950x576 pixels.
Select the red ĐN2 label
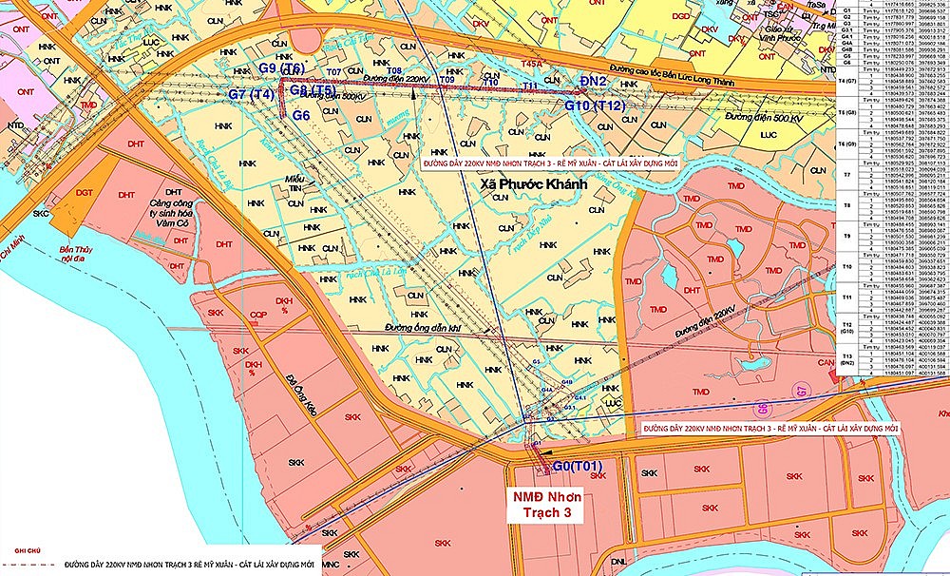coord(594,84)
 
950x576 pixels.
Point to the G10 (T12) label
coord(595,106)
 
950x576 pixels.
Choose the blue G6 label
coord(302,115)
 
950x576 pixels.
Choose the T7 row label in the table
coord(846,176)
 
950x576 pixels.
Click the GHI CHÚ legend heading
coord(16,550)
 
